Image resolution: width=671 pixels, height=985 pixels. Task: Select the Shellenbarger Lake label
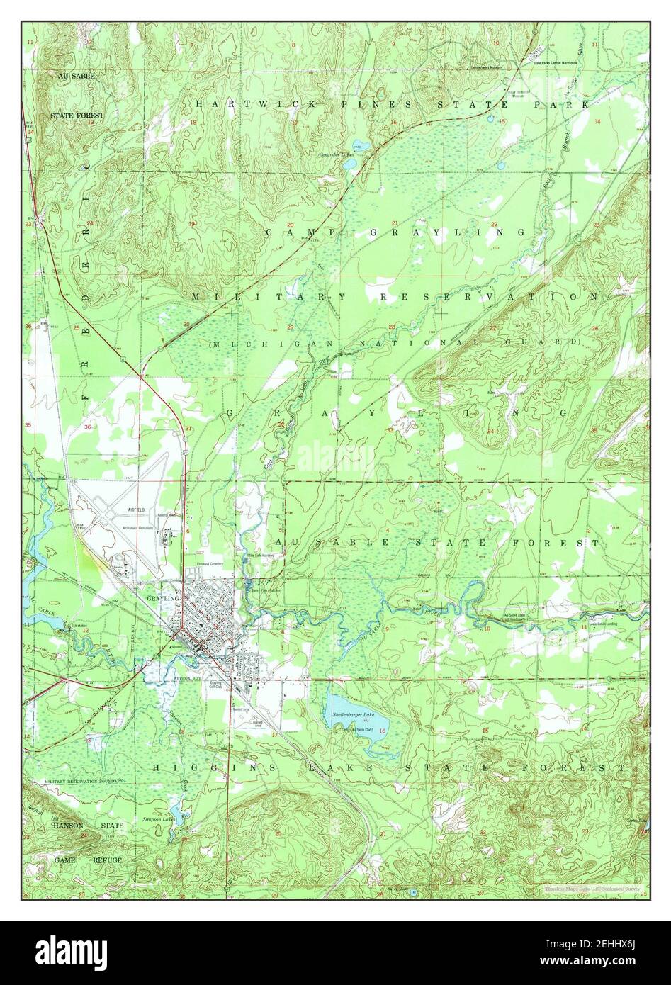358,716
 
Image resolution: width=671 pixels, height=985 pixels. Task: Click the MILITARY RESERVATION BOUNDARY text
84,780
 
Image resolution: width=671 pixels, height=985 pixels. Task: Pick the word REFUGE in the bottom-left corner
108,860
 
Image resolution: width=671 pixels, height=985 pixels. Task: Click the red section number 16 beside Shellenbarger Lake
382,731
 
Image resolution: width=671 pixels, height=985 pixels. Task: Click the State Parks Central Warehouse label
555,62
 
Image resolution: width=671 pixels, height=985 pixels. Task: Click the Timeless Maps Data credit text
592,888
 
